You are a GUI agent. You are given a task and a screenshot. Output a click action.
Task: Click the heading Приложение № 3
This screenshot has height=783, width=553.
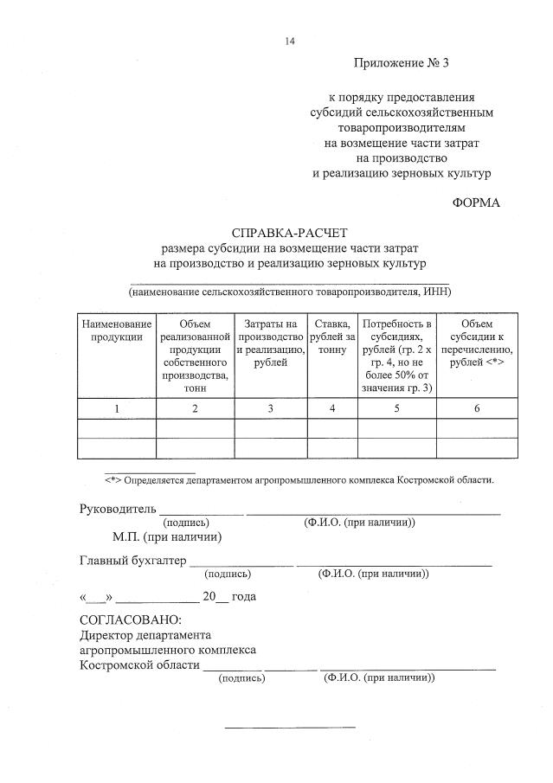pos(402,63)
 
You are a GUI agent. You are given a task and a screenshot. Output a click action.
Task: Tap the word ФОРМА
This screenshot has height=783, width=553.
pos(476,203)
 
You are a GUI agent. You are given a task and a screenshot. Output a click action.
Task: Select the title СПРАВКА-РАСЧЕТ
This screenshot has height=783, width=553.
pos(289,233)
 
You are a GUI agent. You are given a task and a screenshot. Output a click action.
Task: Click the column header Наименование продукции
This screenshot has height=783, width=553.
pos(117,330)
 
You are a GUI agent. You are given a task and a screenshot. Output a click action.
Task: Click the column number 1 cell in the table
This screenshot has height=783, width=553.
pos(117,408)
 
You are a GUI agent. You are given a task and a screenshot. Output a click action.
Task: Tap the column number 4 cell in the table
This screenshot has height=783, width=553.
pos(332,408)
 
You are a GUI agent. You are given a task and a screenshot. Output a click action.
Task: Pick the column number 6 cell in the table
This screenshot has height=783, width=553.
pos(477,408)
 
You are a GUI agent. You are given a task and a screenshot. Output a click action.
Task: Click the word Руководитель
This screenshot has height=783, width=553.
pos(117,509)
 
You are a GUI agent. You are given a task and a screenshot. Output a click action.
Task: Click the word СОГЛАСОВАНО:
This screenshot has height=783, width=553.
pos(131,619)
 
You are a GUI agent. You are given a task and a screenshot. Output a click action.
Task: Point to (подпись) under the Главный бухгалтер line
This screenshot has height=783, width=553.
pos(228,574)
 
